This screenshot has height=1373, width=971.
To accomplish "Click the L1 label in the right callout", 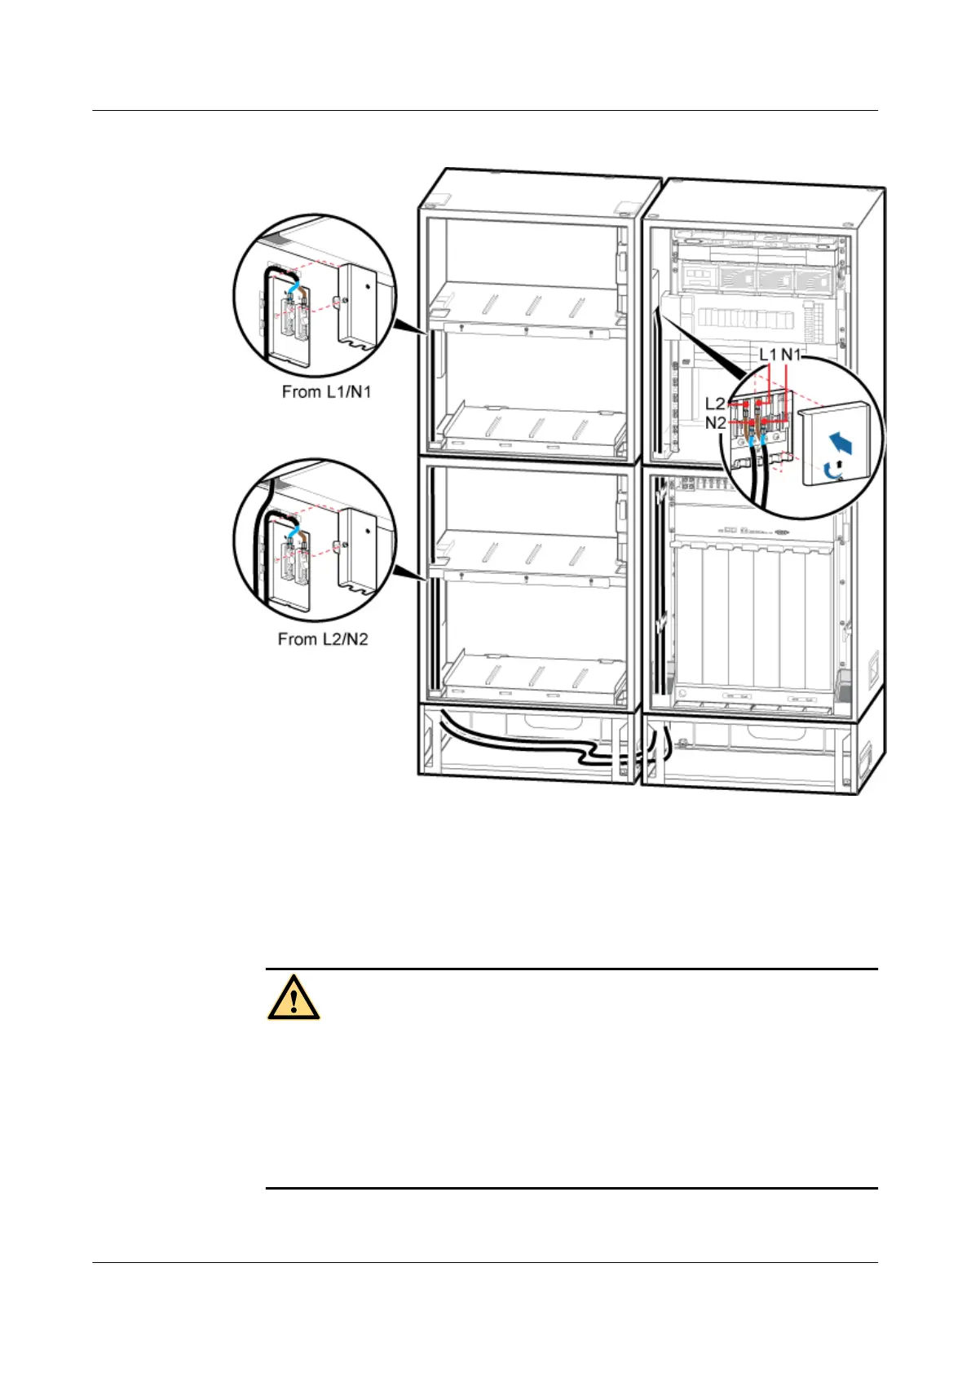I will [768, 355].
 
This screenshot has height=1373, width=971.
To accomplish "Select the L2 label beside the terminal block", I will [715, 404].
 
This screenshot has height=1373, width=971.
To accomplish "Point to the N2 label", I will [715, 423].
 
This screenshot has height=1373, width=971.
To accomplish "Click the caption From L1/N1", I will [326, 392].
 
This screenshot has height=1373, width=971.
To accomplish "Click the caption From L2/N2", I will [323, 639].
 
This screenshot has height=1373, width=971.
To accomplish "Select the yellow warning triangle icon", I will [293, 997].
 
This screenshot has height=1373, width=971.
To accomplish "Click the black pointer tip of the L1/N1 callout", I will [426, 333].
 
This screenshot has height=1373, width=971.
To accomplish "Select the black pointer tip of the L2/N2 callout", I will [426, 580].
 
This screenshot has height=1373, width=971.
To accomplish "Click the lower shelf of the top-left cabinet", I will [530, 427].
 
